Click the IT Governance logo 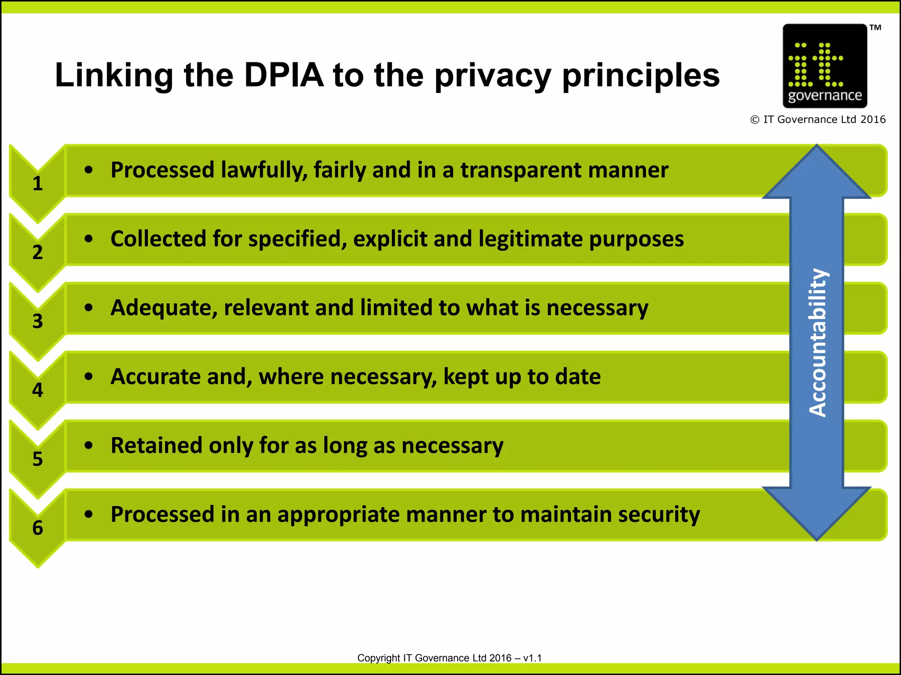pos(824,66)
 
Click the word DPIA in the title pos(284,75)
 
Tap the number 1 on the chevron pos(38,183)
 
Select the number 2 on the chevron pos(38,252)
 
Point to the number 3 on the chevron pos(38,321)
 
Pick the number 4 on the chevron pos(38,390)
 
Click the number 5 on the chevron pos(38,459)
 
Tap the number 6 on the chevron pos(38,528)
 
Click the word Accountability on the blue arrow pos(818,343)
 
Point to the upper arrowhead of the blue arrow pos(817,174)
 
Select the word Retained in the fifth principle pos(156,445)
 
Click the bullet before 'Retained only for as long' pos(89,446)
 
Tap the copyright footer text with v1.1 pos(449,658)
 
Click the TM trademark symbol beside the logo pos(875,28)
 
